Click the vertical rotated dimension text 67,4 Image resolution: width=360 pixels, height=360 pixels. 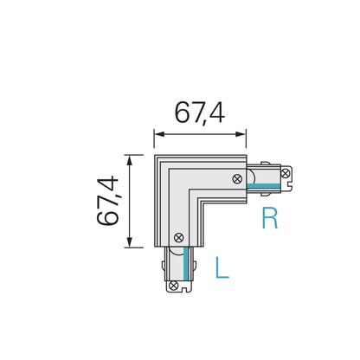point(109,201)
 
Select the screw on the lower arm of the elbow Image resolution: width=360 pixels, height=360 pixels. point(177,236)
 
